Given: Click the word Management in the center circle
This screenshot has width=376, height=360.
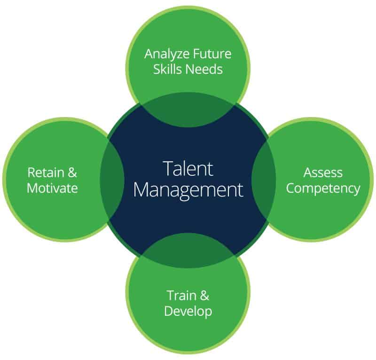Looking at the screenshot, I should click(x=188, y=190).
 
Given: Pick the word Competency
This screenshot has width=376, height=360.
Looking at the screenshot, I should click(x=323, y=188).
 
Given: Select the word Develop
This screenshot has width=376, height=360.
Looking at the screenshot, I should click(x=188, y=311).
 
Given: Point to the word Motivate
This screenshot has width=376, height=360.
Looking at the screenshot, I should click(x=52, y=188).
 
